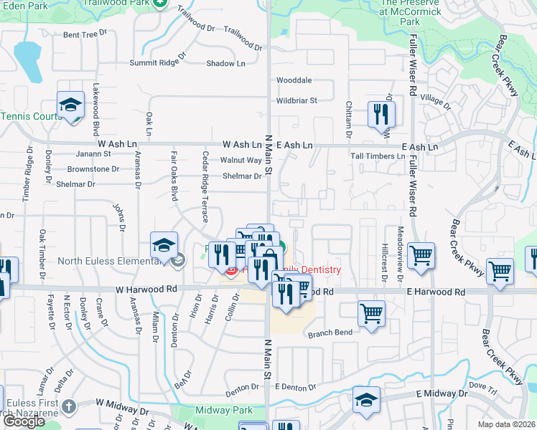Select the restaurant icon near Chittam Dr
[381, 114]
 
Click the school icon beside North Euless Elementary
[164, 246]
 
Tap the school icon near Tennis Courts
[71, 105]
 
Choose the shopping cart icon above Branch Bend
[371, 313]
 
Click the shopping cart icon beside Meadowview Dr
[421, 255]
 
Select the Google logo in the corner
[23, 421]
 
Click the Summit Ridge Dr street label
[157, 62]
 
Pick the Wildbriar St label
[296, 101]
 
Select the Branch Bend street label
[330, 333]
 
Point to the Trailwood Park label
[118, 3]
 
